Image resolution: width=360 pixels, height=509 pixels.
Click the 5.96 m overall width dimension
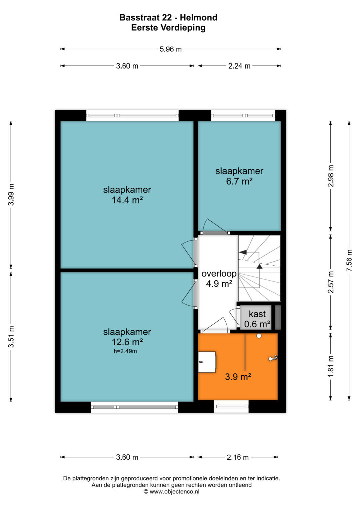tap(170, 49)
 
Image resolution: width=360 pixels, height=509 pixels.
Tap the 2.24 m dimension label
tap(239, 66)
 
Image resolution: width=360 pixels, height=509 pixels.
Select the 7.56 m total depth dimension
tap(349, 260)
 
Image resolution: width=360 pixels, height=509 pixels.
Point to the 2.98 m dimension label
tap(331, 176)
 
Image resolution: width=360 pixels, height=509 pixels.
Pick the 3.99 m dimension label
tap(11, 195)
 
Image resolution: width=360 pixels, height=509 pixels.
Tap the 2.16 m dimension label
tap(237, 457)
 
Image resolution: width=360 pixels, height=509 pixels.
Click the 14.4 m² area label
tap(127, 200)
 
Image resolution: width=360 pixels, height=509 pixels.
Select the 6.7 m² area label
tap(239, 181)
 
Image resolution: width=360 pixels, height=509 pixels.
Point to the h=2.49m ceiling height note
tap(125, 351)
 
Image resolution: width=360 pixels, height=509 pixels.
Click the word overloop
tap(219, 273)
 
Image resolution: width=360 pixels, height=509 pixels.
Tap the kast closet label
tap(257, 314)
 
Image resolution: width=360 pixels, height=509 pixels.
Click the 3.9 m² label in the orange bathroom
tap(238, 377)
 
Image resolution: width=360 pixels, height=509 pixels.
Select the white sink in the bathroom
tap(207, 362)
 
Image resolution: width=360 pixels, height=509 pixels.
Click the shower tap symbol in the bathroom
tap(273, 358)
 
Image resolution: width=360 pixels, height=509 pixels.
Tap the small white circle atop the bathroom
tap(259, 336)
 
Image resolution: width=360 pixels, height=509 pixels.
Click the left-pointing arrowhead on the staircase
tap(243, 252)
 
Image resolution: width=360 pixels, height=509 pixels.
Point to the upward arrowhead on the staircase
tap(260, 266)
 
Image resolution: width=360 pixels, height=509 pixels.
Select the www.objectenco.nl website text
tap(175, 492)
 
